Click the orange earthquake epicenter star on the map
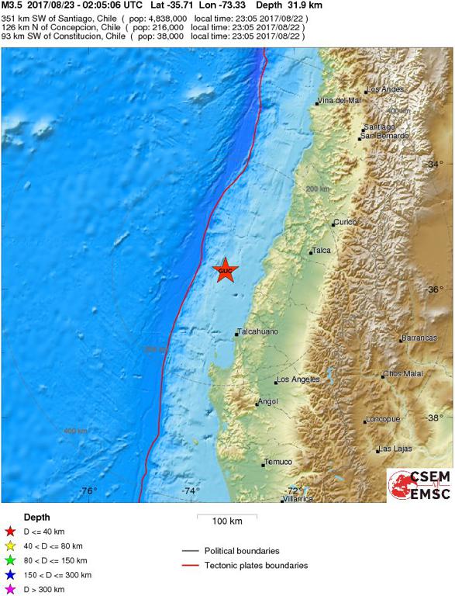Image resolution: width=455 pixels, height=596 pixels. click(225, 271)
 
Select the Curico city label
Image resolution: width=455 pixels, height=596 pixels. click(345, 222)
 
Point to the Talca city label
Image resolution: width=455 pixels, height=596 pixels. click(321, 251)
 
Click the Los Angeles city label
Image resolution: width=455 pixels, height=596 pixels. click(298, 379)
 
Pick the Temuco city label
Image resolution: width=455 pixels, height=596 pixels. click(277, 462)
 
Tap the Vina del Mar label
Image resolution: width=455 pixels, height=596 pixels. click(340, 101)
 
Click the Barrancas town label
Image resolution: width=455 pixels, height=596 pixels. click(419, 338)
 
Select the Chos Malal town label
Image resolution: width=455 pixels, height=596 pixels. click(404, 374)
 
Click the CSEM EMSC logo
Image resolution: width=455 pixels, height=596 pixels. click(419, 486)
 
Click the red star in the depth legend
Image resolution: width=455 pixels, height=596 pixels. click(10, 532)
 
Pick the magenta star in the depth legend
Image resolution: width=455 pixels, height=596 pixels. click(10, 589)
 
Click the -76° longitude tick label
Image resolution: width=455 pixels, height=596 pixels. click(88, 490)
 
